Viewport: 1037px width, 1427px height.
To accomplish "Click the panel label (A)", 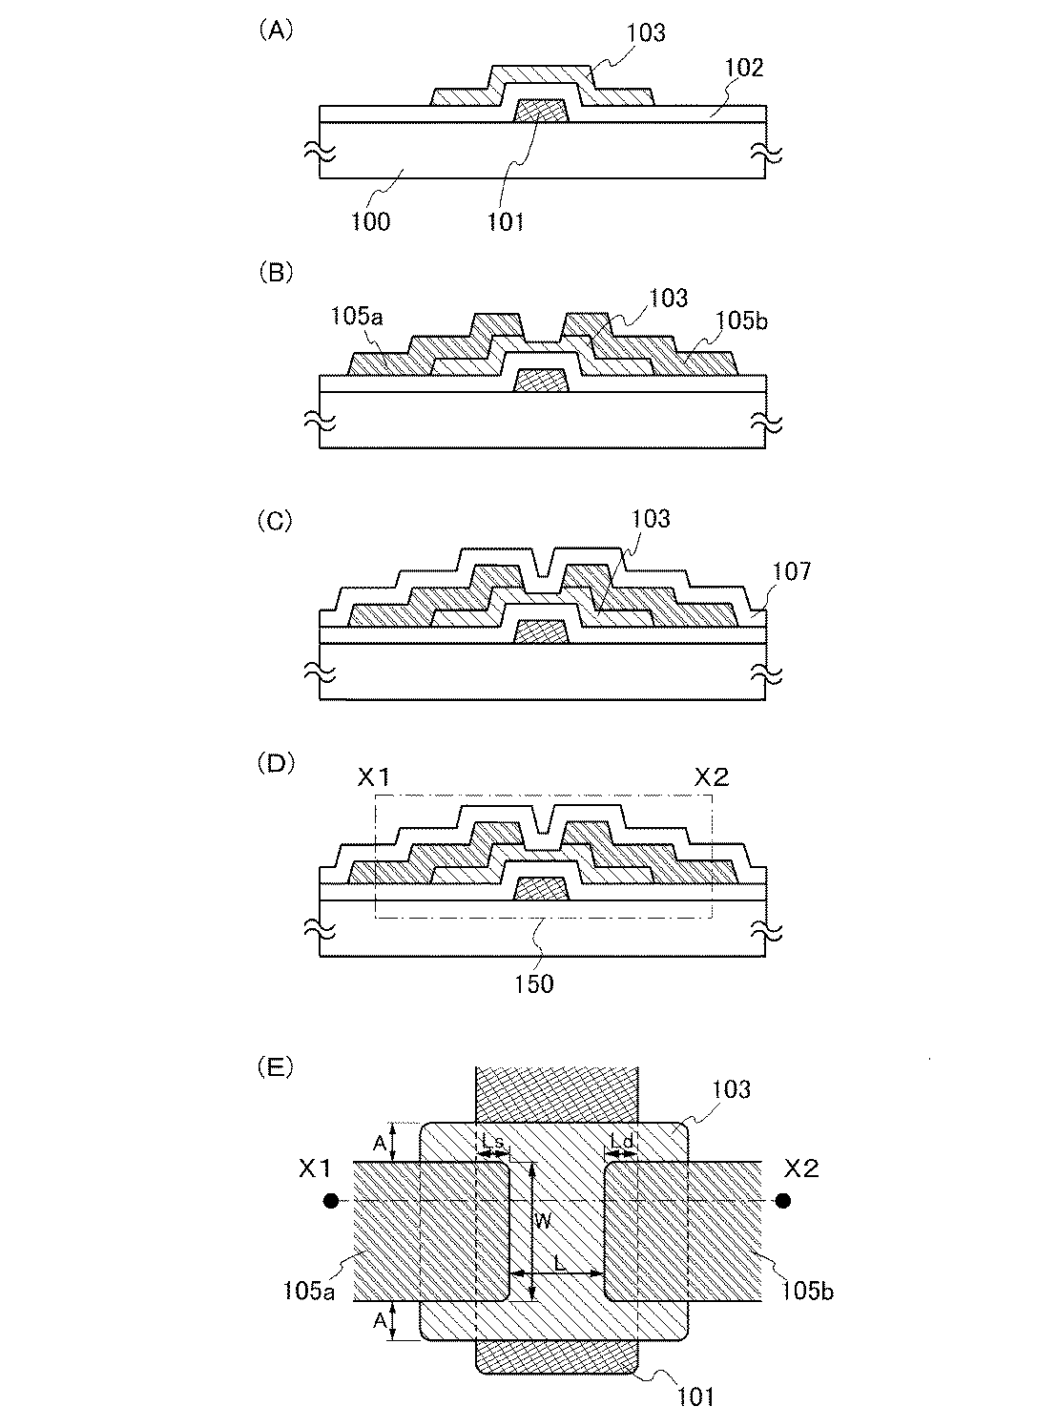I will point(277,31).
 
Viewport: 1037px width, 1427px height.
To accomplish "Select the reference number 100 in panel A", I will point(369,221).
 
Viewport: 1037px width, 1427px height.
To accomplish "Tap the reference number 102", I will point(744,68).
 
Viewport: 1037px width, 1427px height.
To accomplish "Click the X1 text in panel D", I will point(374,776).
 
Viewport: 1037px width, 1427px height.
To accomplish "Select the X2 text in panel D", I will point(711,776).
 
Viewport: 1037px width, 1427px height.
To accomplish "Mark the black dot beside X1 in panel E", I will point(330,1199).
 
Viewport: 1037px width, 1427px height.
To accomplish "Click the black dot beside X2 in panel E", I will point(783,1199).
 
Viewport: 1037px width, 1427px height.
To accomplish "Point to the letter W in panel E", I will point(541,1219).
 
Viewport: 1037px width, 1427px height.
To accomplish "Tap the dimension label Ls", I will point(492,1141).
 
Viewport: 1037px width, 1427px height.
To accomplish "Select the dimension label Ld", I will point(622,1141).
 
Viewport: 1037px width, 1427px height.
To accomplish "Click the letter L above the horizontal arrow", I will point(560,1261).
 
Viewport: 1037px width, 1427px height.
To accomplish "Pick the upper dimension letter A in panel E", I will point(379,1143).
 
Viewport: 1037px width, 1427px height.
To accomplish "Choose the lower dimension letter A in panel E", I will point(379,1321).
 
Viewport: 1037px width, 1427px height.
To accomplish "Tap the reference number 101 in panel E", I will point(695,1397).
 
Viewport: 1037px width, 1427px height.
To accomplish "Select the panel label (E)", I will point(277,1067).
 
